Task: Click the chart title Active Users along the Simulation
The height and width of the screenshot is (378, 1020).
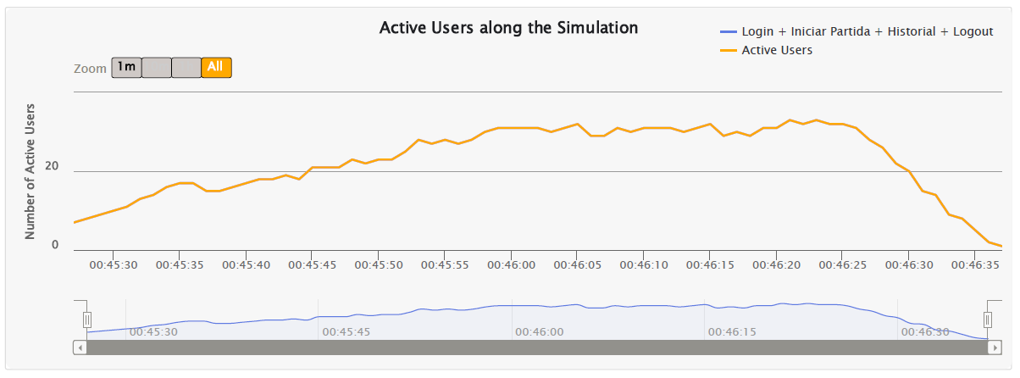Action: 508,28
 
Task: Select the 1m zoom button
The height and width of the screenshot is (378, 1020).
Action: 126,67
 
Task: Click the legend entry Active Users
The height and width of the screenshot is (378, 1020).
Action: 777,50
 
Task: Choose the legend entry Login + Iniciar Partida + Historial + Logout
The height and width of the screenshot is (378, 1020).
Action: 867,31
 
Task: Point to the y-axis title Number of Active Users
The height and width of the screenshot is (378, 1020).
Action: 30,171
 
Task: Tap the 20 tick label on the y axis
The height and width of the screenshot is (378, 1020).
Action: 53,166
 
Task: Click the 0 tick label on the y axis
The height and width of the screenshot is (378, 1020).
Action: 55,245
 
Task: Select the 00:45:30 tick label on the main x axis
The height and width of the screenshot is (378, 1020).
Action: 114,265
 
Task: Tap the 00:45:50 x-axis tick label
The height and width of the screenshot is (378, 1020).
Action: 379,265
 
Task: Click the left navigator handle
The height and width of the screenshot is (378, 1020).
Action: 86,320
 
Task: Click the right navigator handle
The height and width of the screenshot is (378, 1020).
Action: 987,320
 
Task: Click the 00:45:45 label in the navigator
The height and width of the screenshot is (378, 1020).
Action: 346,331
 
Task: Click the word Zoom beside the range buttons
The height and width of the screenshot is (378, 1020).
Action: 90,68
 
